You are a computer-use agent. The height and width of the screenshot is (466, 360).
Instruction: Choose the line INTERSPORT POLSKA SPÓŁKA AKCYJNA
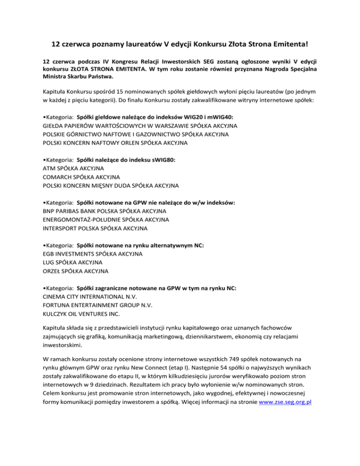(95, 228)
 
